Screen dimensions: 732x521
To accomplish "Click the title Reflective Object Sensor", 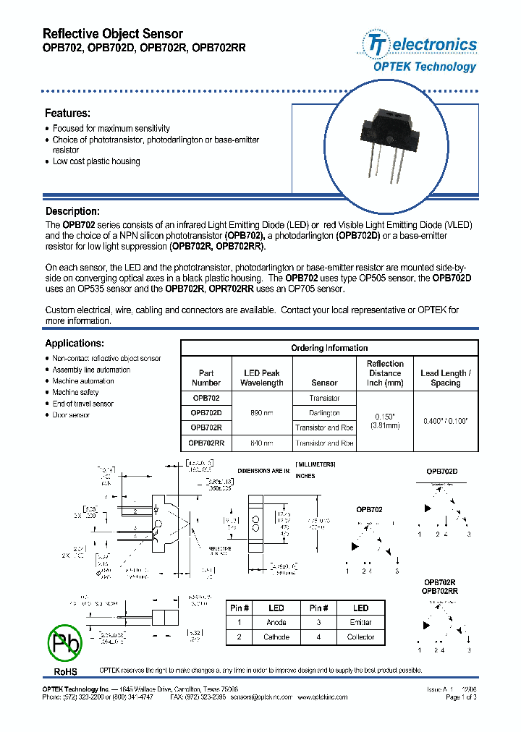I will coord(114,34).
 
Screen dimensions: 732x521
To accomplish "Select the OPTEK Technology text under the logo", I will coord(424,67).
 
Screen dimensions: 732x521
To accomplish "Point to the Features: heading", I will coord(68,114).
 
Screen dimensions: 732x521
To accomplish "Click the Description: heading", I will coord(72,211).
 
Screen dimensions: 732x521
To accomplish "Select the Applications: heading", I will coord(75,344).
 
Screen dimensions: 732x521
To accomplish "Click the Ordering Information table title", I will coord(329,348).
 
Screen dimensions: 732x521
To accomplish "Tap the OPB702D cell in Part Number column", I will coord(206,413).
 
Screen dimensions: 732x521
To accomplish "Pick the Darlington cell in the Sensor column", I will coord(324,413).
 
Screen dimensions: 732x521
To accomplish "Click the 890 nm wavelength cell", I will coord(261,413).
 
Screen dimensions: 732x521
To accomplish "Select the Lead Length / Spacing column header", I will coord(445,378).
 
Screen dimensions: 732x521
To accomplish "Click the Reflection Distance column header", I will coord(385,373).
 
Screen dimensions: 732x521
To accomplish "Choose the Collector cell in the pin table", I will coord(360,637).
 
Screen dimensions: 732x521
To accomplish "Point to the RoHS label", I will coord(66,672).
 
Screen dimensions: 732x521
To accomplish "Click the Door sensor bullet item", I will coord(71,415).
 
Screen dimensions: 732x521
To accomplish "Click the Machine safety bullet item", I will coord(75,392).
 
